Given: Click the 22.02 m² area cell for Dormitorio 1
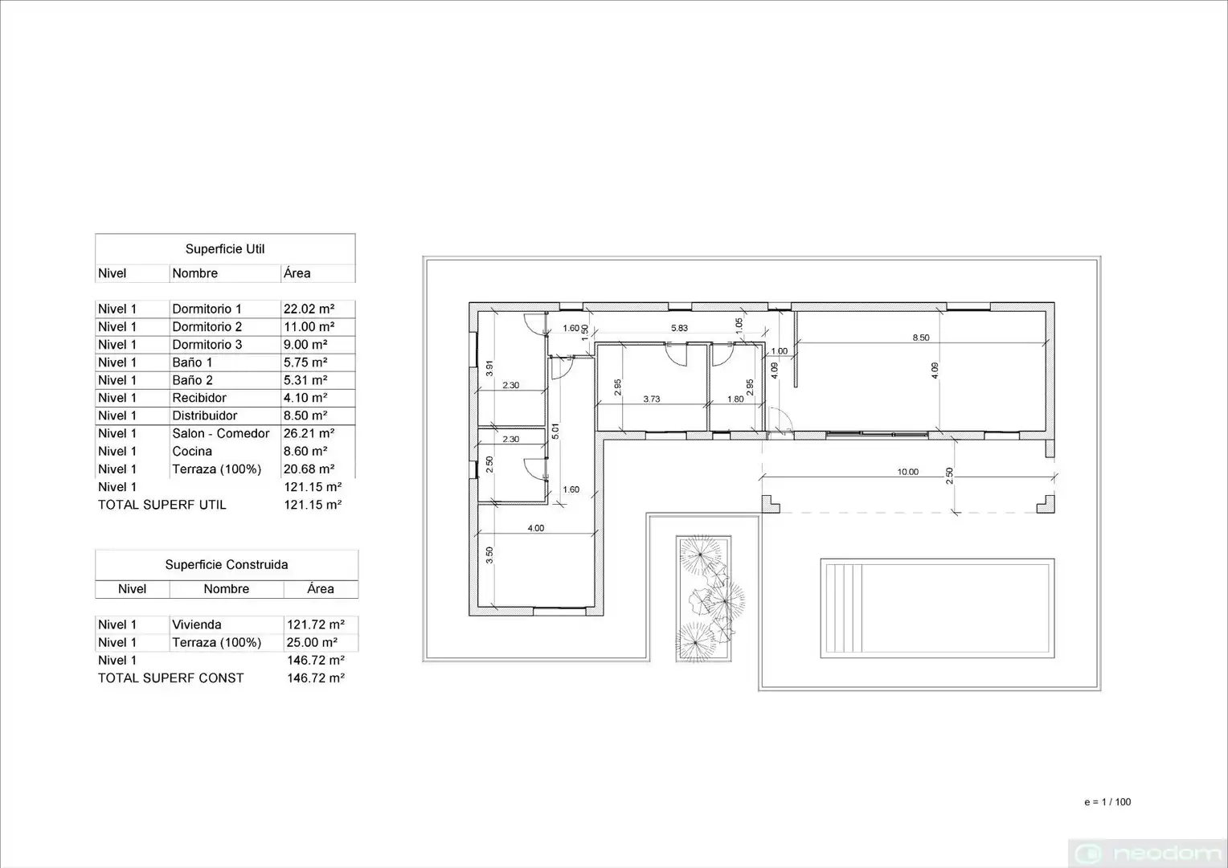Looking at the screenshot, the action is [x=309, y=309].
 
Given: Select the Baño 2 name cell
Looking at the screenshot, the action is [x=192, y=380].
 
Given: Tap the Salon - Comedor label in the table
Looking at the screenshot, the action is [x=221, y=434].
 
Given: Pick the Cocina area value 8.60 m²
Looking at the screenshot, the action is [x=305, y=451].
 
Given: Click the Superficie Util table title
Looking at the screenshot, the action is [x=225, y=249].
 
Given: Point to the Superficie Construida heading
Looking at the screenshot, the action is [x=227, y=565].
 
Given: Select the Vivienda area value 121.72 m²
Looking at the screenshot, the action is [x=316, y=624].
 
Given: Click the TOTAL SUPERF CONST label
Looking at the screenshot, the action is [x=171, y=678].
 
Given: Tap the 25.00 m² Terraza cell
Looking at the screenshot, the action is [x=312, y=643].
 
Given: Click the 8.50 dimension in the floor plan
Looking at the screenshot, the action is [x=921, y=338].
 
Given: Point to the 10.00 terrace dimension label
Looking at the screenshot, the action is [x=908, y=472].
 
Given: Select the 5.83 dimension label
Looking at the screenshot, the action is [x=679, y=328].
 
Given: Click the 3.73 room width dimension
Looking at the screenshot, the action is [x=651, y=399].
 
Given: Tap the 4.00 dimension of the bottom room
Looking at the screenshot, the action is [x=535, y=528].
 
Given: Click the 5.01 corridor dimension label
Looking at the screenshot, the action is [x=555, y=431].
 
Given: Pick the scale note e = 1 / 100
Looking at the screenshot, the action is [x=1107, y=801].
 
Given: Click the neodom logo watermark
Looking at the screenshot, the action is [x=1148, y=854].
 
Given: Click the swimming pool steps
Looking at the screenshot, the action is [x=844, y=608].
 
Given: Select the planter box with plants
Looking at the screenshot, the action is [x=703, y=599].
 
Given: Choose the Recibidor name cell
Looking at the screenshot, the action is [x=199, y=398].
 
